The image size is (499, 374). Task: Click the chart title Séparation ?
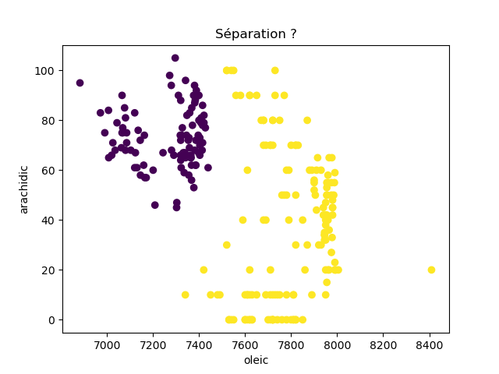click(256, 34)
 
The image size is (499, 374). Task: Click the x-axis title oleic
click(256, 361)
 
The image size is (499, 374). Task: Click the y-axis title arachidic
click(24, 189)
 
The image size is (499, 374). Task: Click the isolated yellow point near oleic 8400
click(431, 270)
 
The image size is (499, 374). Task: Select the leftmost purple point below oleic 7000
click(80, 83)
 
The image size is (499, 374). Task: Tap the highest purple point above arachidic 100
click(175, 58)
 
